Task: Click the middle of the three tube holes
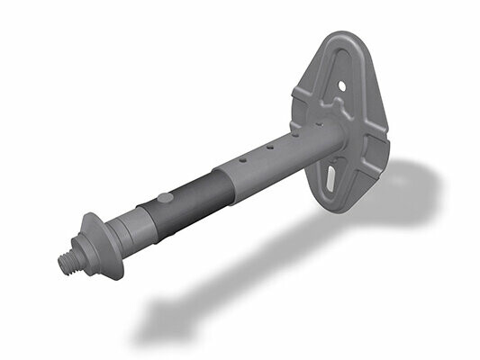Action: (x=268, y=150)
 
